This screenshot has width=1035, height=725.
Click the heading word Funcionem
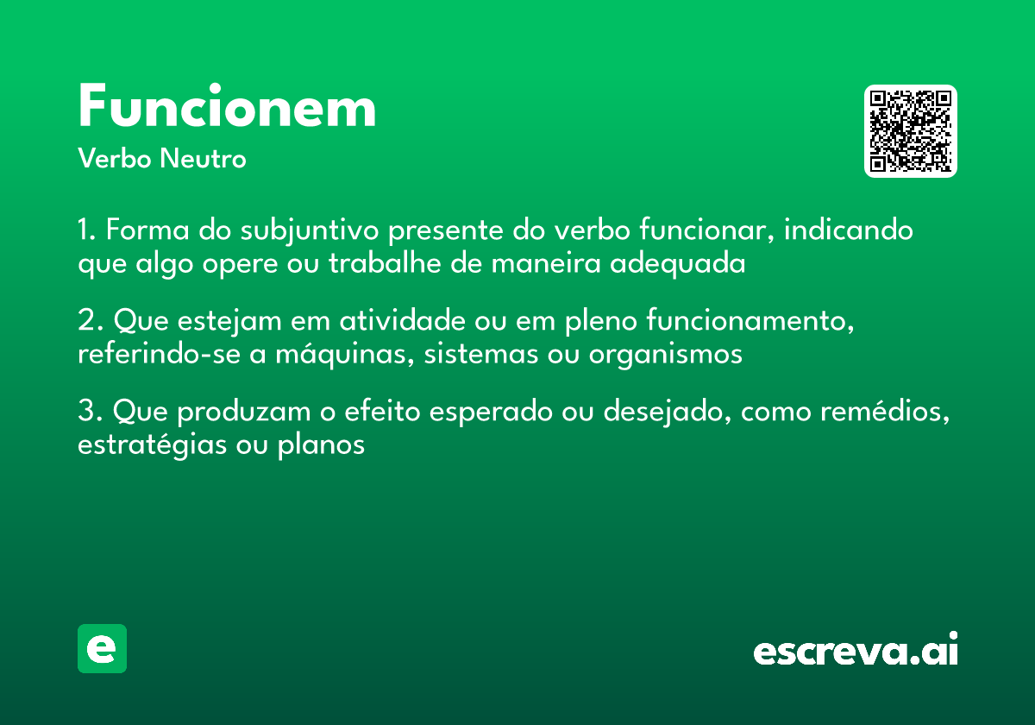pyautogui.click(x=227, y=108)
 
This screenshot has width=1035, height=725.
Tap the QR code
pyautogui.click(x=911, y=131)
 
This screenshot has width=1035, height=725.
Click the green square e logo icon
pyautogui.click(x=102, y=648)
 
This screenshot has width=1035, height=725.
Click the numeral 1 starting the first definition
pyautogui.click(x=85, y=231)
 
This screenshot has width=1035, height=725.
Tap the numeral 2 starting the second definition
pyautogui.click(x=86, y=321)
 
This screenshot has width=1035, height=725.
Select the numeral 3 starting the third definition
pyautogui.click(x=86, y=412)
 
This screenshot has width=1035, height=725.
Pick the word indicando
pyautogui.click(x=849, y=231)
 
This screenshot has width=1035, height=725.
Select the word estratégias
pyautogui.click(x=152, y=445)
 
